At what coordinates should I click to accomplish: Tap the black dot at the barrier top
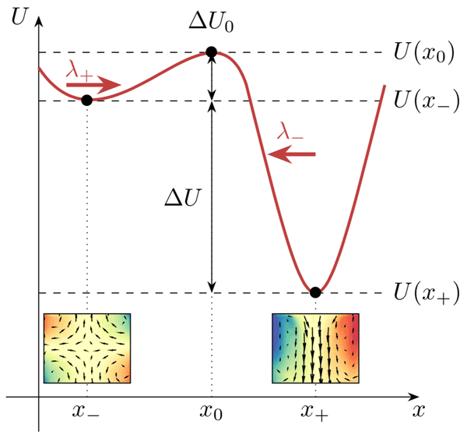pyautogui.click(x=211, y=52)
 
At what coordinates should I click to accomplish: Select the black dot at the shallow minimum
pyautogui.click(x=86, y=100)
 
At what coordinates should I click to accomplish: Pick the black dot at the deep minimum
pyautogui.click(x=314, y=292)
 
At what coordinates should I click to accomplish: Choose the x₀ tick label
pyautogui.click(x=212, y=412)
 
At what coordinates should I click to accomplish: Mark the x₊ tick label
pyautogui.click(x=315, y=412)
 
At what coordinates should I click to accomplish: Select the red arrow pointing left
pyautogui.click(x=292, y=155)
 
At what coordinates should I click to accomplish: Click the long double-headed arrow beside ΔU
pyautogui.click(x=212, y=196)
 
